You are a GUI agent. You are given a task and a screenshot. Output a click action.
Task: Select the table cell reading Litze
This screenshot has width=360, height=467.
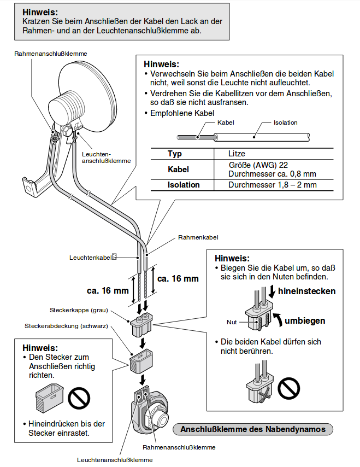tap(237, 154)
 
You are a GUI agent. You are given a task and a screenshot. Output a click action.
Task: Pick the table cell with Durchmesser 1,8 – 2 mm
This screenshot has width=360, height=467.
tap(272, 185)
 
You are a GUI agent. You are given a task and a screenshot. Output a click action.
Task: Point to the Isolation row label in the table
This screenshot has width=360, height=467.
tap(184, 185)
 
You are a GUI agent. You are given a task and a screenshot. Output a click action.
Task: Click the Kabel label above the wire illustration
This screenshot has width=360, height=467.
tap(226, 122)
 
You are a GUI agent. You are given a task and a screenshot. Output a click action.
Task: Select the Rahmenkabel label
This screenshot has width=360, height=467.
tap(198, 238)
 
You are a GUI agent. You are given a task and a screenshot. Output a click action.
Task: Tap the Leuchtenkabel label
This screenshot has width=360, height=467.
tap(91, 256)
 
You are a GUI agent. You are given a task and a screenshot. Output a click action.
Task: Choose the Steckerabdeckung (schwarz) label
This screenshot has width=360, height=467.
tap(66, 326)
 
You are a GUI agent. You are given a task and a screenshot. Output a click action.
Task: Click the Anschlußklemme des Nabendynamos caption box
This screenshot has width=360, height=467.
tap(253, 429)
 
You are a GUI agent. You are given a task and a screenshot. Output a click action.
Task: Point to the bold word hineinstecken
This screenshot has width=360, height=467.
tap(306, 291)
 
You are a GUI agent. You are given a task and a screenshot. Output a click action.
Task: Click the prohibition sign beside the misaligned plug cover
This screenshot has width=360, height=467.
tap(79, 398)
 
